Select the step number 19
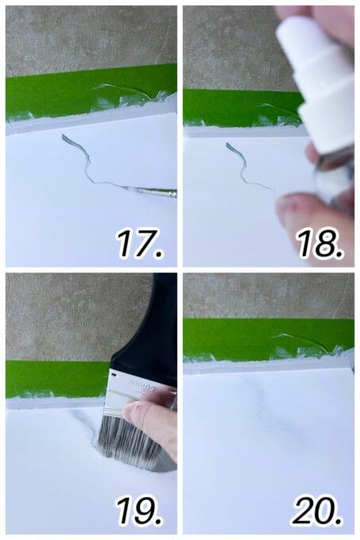(x=141, y=511)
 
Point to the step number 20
(x=318, y=511)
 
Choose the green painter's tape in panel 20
(x=238, y=337)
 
